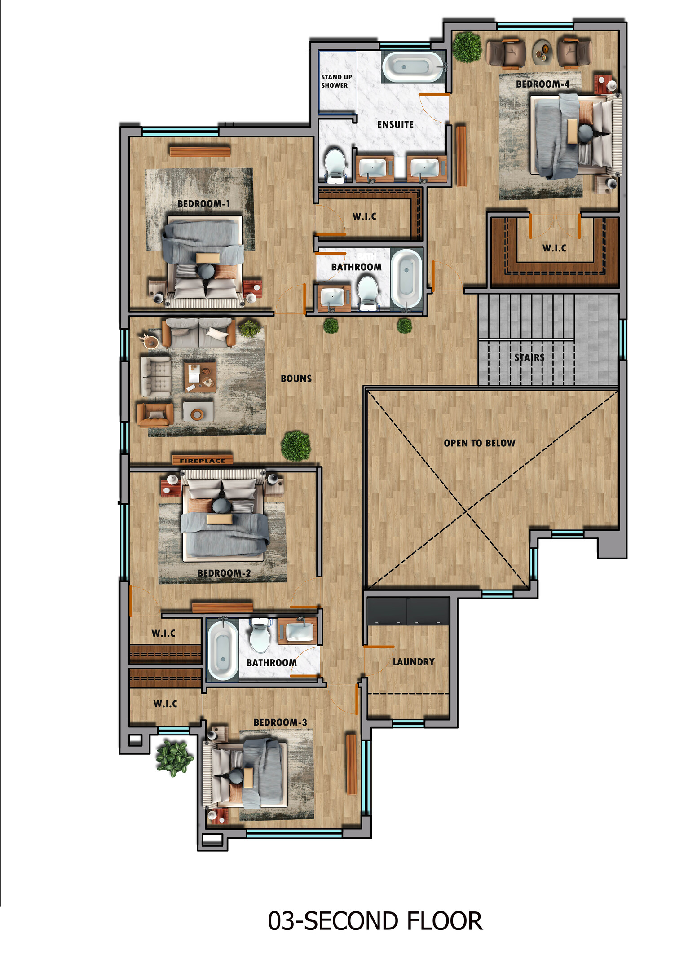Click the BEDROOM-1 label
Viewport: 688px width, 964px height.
click(203, 204)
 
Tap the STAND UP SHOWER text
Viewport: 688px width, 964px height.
click(336, 81)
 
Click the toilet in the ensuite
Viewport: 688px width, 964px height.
click(335, 165)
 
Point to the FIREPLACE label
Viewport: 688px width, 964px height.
click(202, 460)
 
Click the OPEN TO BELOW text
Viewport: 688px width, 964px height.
click(480, 443)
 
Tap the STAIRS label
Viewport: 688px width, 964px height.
click(529, 357)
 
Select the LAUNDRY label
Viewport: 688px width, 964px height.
click(414, 662)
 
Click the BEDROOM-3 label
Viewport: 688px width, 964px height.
click(280, 722)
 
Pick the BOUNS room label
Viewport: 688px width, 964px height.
click(296, 379)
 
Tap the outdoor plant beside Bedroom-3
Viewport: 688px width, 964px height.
click(174, 757)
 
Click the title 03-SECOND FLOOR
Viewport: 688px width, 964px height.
click(375, 920)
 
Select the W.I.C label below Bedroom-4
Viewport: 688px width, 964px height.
click(554, 248)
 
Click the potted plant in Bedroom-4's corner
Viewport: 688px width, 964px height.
click(467, 47)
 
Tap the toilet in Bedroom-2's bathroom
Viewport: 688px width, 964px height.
click(260, 636)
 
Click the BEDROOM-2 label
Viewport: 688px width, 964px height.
click(224, 573)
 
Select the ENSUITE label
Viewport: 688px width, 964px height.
click(395, 124)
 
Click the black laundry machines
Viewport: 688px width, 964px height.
click(408, 611)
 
